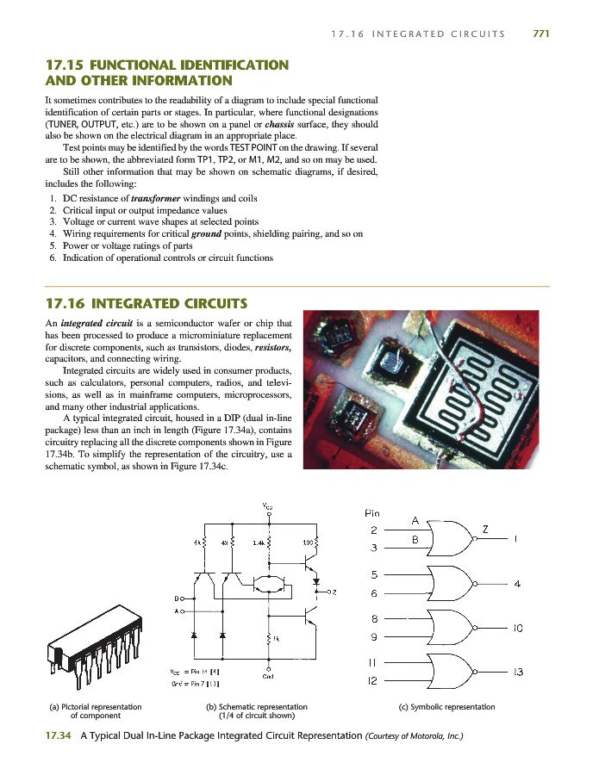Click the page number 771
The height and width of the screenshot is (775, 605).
[540, 34]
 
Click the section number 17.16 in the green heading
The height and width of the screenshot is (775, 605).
[65, 303]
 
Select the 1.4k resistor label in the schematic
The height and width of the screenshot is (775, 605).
[259, 543]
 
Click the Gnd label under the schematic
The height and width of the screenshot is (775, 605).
[269, 674]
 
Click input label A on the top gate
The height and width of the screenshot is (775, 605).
[415, 520]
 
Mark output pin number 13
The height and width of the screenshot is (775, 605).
[518, 672]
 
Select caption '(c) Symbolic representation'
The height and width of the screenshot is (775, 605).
[446, 707]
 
